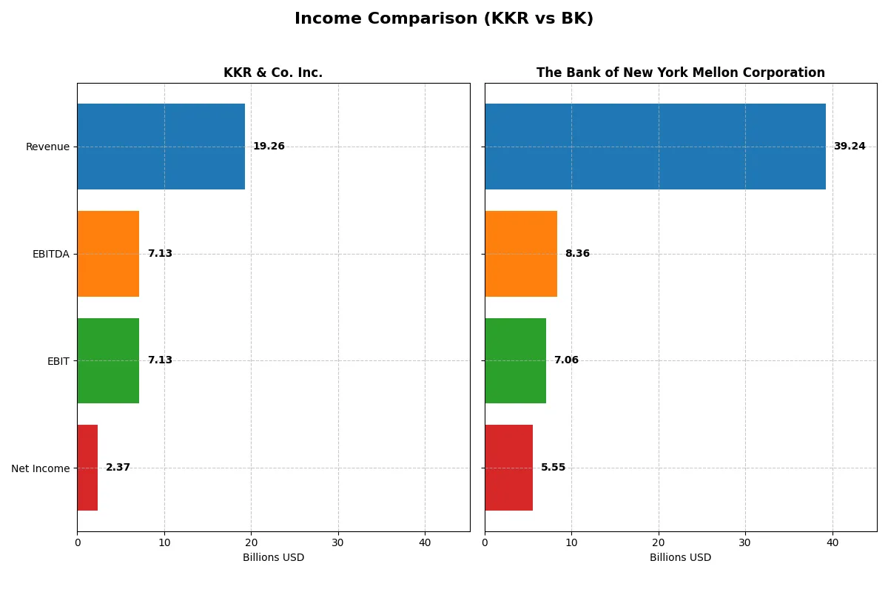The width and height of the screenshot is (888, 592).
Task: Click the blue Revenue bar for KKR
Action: (x=161, y=147)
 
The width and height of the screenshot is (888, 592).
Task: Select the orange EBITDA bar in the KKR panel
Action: (x=108, y=254)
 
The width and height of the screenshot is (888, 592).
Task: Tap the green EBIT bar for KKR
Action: (x=108, y=360)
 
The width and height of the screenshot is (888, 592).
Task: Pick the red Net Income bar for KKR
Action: (x=87, y=468)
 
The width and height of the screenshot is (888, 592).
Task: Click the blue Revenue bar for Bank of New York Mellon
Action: (x=655, y=147)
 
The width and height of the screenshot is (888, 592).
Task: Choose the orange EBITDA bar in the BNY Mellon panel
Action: (x=521, y=254)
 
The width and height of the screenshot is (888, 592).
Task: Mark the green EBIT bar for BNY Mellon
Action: (x=515, y=360)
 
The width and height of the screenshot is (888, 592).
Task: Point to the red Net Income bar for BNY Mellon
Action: (x=508, y=468)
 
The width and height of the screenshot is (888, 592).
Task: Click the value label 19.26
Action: (x=269, y=147)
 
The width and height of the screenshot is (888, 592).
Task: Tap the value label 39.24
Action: (x=850, y=147)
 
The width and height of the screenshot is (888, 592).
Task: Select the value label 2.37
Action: (x=118, y=468)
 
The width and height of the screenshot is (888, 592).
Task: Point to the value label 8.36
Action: (x=577, y=254)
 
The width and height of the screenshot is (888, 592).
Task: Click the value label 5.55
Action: (x=553, y=468)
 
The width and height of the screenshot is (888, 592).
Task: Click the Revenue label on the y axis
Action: (x=47, y=147)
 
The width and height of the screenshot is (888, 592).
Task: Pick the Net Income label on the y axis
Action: (x=41, y=468)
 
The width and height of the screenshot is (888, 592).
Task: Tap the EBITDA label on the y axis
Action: (x=51, y=254)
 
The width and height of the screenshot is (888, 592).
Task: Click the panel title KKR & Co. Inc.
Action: (x=273, y=73)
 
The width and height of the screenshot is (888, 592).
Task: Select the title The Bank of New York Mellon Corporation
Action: (x=680, y=73)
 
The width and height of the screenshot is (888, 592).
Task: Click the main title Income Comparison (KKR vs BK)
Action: (x=444, y=18)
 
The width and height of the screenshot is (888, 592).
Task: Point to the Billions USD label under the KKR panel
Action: (x=273, y=557)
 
